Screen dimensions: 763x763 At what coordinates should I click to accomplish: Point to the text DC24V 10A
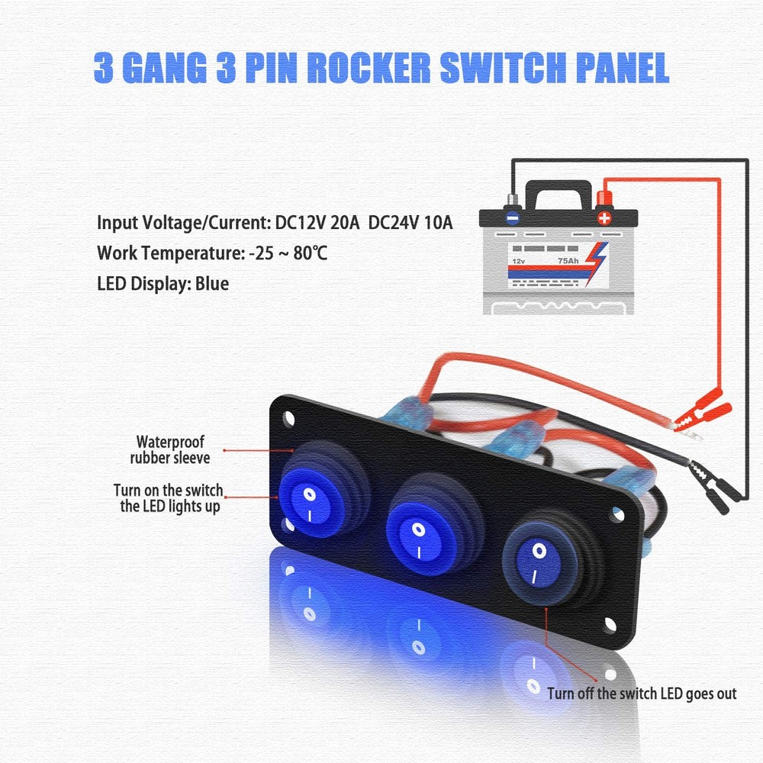(x=411, y=223)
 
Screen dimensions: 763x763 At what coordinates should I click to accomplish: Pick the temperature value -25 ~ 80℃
(x=288, y=253)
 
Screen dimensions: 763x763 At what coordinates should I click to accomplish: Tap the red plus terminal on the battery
(x=605, y=216)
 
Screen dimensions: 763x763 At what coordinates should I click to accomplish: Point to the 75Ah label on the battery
(x=568, y=261)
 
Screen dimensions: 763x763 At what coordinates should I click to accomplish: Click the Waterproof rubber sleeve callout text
(x=170, y=449)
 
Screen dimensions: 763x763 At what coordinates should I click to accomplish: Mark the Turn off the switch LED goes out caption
(x=642, y=694)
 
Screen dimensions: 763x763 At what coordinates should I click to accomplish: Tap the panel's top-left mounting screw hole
(x=289, y=418)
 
